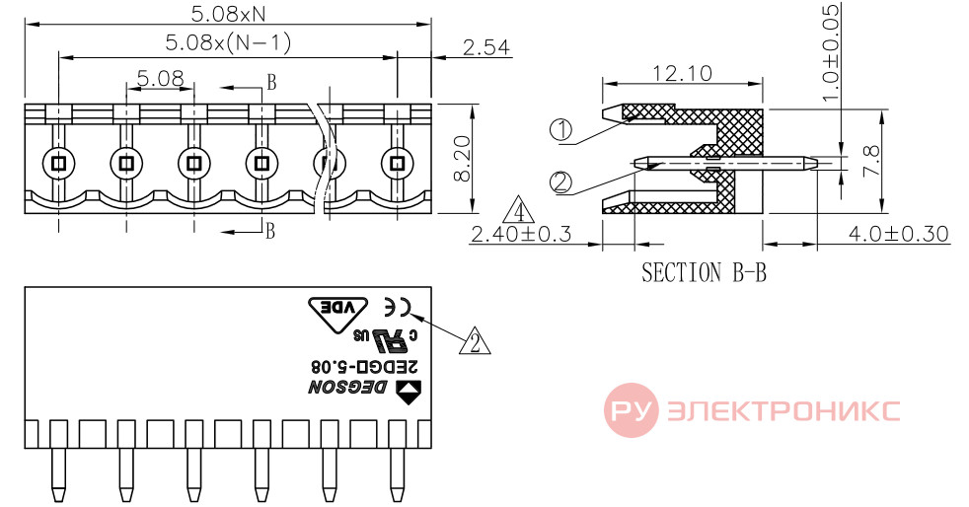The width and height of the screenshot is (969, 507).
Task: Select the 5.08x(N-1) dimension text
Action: pyautogui.click(x=228, y=42)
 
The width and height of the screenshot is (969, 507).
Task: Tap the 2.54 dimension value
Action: pyautogui.click(x=485, y=47)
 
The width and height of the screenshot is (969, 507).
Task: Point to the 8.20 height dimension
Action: pyautogui.click(x=462, y=158)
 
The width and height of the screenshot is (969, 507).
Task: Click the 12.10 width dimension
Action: pyautogui.click(x=682, y=74)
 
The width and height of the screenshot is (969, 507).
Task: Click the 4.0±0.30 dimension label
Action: pyautogui.click(x=899, y=234)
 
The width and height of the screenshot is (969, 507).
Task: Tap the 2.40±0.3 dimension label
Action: pyautogui.click(x=521, y=234)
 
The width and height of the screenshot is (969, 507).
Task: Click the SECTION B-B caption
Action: pyautogui.click(x=704, y=272)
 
